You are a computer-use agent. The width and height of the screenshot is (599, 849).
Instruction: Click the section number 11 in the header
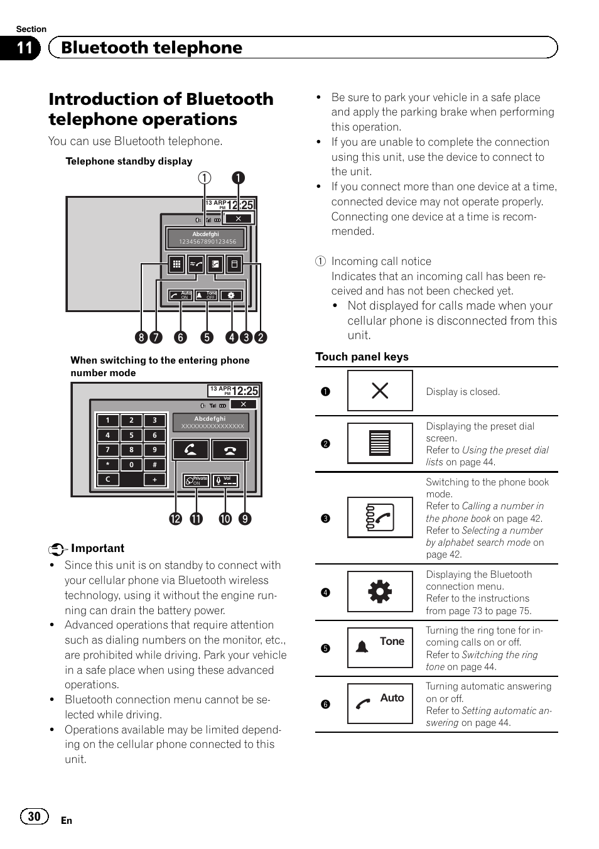click(24, 48)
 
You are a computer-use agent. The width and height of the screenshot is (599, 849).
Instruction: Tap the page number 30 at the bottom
click(34, 816)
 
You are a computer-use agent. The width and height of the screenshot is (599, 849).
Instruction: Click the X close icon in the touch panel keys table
click(380, 391)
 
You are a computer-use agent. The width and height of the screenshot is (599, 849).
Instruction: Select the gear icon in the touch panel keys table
click(380, 592)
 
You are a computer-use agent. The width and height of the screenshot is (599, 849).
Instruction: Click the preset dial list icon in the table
click(380, 443)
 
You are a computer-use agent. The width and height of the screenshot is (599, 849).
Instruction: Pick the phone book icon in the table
click(380, 517)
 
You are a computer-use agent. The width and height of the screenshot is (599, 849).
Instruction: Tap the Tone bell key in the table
click(380, 647)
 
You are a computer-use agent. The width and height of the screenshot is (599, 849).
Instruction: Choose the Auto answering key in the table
click(380, 703)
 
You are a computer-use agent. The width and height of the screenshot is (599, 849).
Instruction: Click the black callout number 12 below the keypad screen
click(175, 519)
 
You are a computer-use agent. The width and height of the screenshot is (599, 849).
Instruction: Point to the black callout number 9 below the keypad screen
click(245, 519)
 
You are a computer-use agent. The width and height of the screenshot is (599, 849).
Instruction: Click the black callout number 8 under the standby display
click(141, 337)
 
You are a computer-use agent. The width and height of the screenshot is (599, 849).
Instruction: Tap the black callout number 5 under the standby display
click(207, 337)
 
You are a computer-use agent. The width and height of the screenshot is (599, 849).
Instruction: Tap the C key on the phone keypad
click(108, 479)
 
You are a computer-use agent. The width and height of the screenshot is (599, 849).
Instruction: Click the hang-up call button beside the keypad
click(230, 450)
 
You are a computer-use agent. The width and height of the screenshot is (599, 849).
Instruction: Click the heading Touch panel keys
click(362, 357)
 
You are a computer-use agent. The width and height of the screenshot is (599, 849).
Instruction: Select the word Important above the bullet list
click(97, 548)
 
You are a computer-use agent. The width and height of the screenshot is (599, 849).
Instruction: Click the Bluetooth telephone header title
click(151, 48)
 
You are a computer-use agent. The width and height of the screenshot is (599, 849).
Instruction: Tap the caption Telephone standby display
click(129, 161)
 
